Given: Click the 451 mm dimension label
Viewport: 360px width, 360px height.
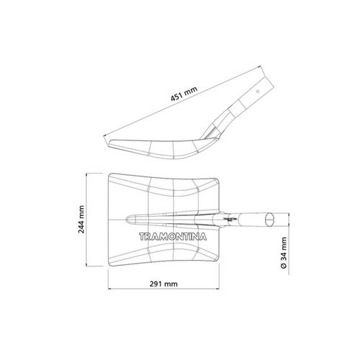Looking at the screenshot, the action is (x=184, y=94).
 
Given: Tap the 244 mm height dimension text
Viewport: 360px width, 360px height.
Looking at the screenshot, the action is (x=81, y=220).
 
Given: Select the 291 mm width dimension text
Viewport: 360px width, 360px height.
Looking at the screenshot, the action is (x=163, y=284).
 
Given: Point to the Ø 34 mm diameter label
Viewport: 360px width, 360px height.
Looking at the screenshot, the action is (x=284, y=253).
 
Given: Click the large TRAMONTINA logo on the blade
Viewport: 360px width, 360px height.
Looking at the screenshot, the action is (x=173, y=237).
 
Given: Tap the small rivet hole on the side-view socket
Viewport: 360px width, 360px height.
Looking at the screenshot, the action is (x=258, y=91).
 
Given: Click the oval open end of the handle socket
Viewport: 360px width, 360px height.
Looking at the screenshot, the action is (x=270, y=220).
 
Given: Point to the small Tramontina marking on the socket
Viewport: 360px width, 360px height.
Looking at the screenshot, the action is (x=230, y=219).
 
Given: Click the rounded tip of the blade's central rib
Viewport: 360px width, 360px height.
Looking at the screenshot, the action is (x=127, y=220).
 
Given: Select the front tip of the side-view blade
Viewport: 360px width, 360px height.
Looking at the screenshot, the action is (x=109, y=142).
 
